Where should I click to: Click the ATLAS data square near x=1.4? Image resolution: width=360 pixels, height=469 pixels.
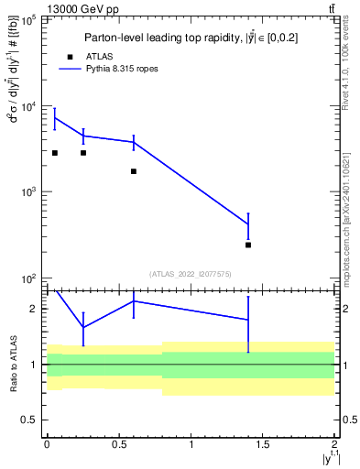[248, 245]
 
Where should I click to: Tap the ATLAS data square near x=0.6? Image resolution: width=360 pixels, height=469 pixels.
[134, 171]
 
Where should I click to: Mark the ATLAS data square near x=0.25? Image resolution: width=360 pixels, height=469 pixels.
[83, 153]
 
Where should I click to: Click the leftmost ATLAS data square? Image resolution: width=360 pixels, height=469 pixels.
[55, 153]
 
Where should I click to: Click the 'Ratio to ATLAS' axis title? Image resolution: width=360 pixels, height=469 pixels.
[12, 365]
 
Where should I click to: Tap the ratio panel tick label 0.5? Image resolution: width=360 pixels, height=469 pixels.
[30, 420]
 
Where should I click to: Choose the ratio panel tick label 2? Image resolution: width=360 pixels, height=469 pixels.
[35, 309]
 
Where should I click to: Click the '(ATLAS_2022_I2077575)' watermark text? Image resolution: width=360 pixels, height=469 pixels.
[191, 273]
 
